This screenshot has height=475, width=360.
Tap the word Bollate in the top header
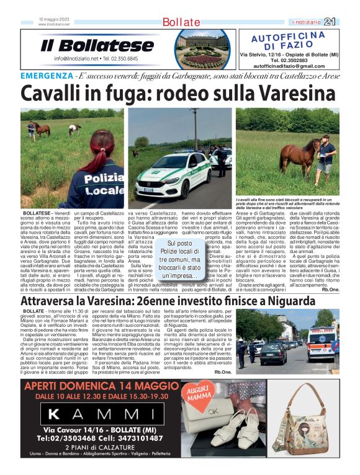(x=181, y=22)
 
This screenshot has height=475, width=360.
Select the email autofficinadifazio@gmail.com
(x=289, y=66)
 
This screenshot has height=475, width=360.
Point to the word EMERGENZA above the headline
(x=47, y=76)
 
